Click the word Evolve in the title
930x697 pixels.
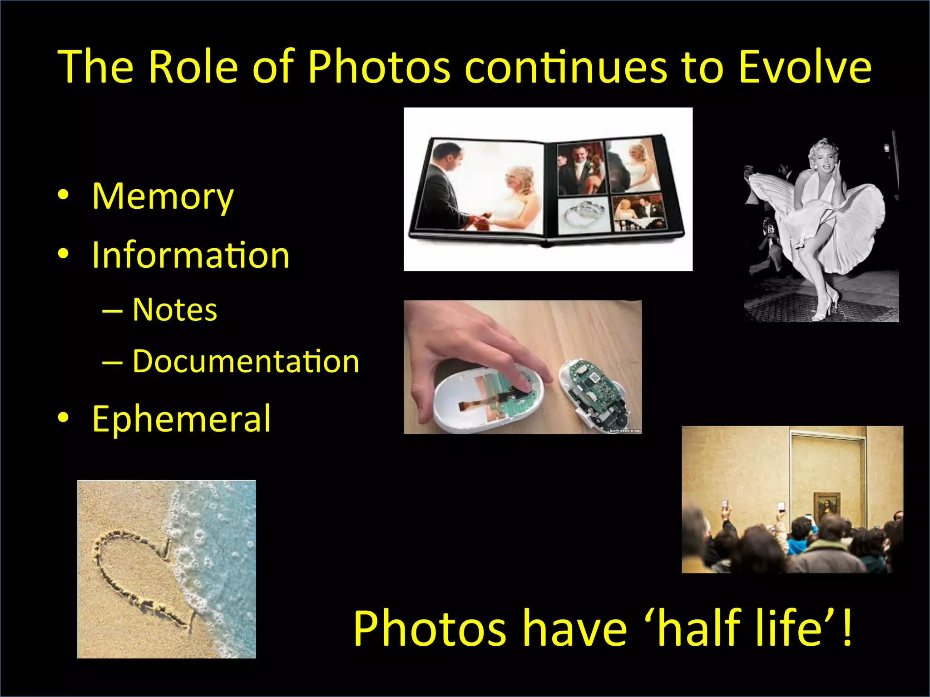[x=805, y=67]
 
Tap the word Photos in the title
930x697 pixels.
[x=379, y=67]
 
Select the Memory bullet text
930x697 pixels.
[x=163, y=196]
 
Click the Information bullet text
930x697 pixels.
[x=190, y=255]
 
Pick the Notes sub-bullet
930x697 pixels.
[x=175, y=310]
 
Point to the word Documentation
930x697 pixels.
[x=246, y=362]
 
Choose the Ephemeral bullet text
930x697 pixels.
[x=181, y=419]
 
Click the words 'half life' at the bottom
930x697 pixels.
[x=740, y=628]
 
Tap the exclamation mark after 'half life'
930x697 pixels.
[x=846, y=628]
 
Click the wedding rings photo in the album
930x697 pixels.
[x=583, y=215]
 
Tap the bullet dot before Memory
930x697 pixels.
[x=63, y=195]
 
